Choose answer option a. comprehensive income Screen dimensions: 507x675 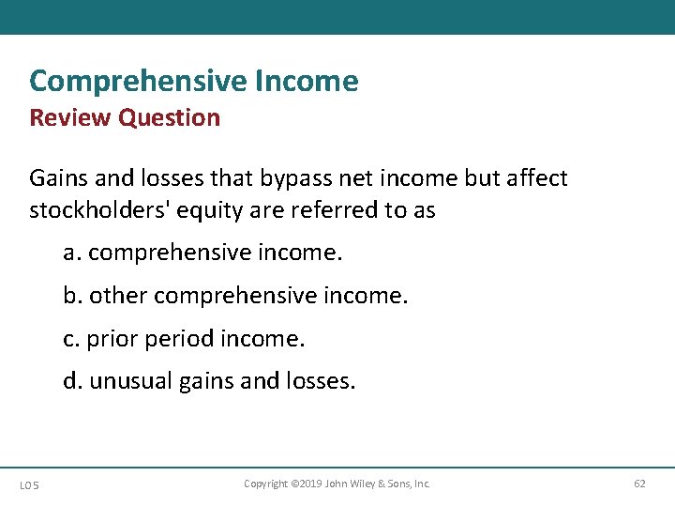coord(202,253)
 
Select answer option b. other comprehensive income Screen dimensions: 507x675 coord(235,297)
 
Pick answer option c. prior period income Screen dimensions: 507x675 coord(184,339)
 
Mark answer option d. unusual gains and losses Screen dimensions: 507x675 coord(209,382)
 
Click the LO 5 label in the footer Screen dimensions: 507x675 coord(29,484)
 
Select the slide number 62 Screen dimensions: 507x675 coord(639,484)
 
